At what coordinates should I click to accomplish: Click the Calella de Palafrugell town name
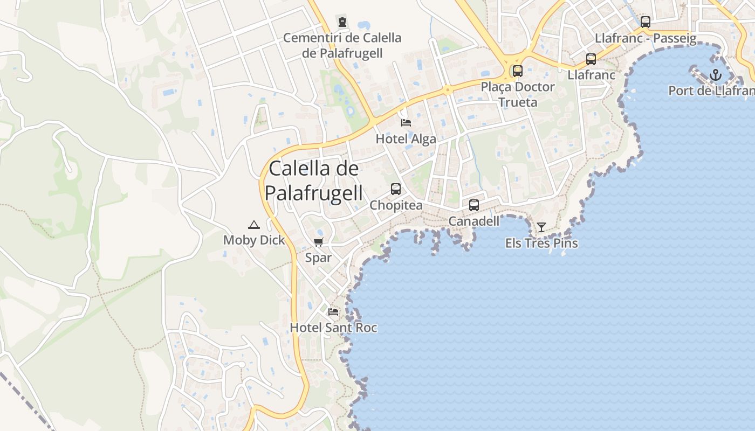point(314,180)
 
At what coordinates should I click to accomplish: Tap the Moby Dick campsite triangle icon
point(254,225)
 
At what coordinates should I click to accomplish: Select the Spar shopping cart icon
point(318,242)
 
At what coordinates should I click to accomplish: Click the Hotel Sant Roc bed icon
point(333,311)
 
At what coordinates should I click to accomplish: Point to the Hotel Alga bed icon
point(406,123)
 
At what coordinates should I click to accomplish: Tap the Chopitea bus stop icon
point(396,189)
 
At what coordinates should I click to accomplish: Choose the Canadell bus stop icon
point(474,205)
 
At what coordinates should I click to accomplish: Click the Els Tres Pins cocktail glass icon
point(541,227)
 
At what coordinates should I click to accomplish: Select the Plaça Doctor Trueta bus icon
point(518,71)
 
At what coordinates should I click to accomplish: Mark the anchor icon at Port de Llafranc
point(716,75)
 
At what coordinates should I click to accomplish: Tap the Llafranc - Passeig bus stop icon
point(646,22)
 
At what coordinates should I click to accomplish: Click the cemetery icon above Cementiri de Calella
point(342,22)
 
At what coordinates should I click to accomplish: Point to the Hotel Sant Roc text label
point(333,328)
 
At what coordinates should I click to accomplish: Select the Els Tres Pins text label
point(541,243)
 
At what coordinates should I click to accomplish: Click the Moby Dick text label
point(254,240)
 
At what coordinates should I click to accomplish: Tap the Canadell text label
point(474,221)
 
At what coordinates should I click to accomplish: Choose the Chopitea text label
point(396,205)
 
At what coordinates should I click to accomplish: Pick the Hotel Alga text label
point(406,139)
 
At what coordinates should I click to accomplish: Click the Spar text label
point(318,258)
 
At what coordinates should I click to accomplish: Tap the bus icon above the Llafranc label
point(591,59)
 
